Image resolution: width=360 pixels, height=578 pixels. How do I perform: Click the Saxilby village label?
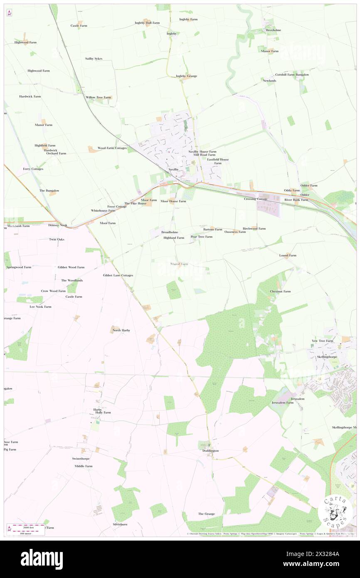(173, 170)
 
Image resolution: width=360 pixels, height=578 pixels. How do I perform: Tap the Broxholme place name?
(274, 30)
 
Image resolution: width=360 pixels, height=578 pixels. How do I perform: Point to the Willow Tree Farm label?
(99, 97)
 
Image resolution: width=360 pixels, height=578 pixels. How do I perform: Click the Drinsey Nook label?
(57, 225)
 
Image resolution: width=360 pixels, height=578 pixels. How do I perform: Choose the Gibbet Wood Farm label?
(71, 267)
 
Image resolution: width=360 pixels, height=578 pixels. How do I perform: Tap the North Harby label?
(121, 330)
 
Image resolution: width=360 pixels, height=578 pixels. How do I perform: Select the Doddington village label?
(208, 451)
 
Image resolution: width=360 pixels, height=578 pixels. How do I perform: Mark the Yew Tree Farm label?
(323, 341)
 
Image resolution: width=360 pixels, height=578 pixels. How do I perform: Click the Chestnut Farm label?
(280, 291)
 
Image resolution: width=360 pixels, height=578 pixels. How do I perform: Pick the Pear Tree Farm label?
(202, 237)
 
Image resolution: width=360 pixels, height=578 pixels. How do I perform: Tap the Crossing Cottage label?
(256, 199)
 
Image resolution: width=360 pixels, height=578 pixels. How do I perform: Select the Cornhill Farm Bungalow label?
(292, 74)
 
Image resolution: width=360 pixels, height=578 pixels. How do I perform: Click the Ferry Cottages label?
(33, 169)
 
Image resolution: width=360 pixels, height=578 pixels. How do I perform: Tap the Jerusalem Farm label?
(282, 403)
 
